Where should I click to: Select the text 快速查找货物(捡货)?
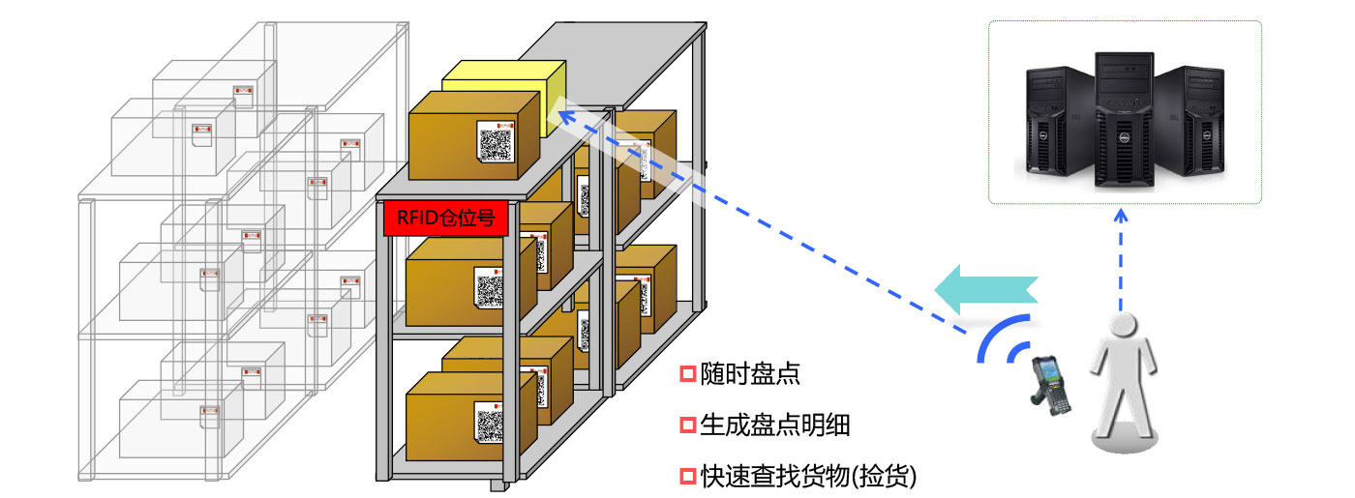coord(807,476)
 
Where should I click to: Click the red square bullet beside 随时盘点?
coord(688,373)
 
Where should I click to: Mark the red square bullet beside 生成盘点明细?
coord(688,425)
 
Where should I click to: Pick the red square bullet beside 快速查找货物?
coord(688,476)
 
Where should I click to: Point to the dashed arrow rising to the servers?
coord(1120,261)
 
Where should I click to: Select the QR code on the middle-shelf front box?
coord(491,286)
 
